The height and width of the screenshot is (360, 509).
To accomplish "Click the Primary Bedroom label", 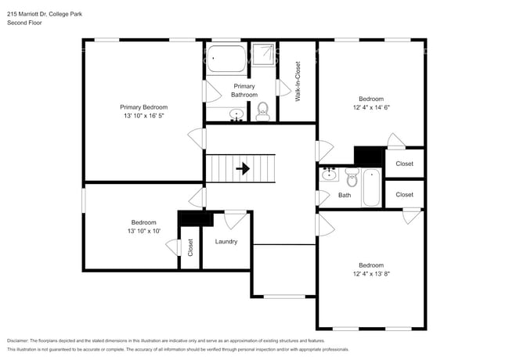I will (x=143, y=106).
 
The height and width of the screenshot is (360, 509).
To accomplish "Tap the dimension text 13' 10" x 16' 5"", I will (x=143, y=115).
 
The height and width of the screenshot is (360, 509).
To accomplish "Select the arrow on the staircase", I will (x=244, y=168).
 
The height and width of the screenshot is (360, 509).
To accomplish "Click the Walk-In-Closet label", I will (x=298, y=81).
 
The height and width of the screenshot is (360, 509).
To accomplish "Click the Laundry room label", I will (x=226, y=241).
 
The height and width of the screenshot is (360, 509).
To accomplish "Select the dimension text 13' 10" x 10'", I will (x=143, y=231).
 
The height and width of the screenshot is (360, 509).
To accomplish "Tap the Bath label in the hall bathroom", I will (x=345, y=195).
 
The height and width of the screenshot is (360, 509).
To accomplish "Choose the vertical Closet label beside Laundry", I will (x=190, y=247).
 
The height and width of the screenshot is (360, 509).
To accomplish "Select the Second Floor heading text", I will (x=24, y=23).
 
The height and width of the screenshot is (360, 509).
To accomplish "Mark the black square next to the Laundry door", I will (x=190, y=218).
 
